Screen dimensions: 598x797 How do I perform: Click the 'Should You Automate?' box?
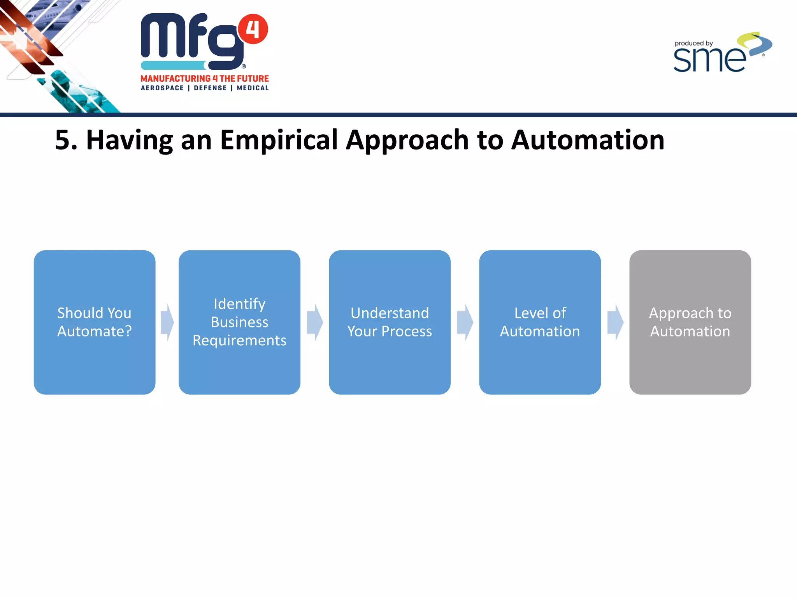(95, 322)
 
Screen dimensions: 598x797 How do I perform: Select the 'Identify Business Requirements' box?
(239, 322)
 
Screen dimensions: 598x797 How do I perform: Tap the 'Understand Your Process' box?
(390, 322)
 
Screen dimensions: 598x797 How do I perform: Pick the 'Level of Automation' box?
(540, 322)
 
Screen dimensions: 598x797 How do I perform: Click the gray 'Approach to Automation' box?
(690, 322)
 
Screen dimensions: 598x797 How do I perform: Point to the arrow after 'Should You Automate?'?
(167, 322)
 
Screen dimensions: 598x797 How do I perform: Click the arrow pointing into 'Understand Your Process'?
(315, 322)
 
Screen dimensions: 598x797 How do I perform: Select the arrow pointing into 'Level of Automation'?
(465, 322)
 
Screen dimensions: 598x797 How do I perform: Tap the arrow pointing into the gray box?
(615, 322)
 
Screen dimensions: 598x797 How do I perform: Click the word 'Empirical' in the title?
(279, 140)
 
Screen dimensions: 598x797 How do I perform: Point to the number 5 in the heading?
(63, 140)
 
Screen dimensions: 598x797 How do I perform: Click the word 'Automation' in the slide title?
(588, 140)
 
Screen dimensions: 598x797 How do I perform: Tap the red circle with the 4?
(253, 29)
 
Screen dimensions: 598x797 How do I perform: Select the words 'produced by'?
(693, 43)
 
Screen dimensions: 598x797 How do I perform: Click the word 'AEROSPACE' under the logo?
(162, 88)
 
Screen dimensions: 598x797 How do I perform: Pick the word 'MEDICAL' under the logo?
(253, 88)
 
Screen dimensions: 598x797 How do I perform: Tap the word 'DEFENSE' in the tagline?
(210, 88)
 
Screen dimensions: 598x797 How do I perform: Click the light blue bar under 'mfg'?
(173, 65)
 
